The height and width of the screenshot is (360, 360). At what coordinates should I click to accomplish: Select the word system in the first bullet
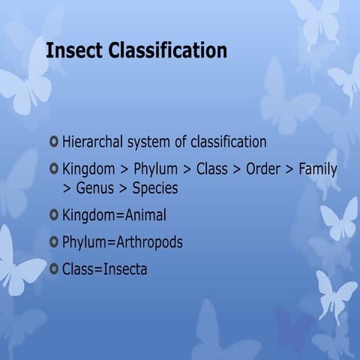(x=157, y=142)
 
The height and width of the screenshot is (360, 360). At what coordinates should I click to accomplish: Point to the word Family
(x=318, y=169)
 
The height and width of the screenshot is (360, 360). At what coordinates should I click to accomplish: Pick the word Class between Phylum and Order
(x=211, y=169)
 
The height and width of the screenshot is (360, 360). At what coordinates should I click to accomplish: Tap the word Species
(x=155, y=188)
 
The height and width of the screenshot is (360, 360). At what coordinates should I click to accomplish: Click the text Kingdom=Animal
(x=114, y=216)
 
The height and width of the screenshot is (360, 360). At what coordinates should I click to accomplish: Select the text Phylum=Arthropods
(x=122, y=243)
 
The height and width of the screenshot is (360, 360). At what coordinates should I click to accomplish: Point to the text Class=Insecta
(x=104, y=269)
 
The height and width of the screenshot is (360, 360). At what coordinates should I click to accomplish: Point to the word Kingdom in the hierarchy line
(x=88, y=169)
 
